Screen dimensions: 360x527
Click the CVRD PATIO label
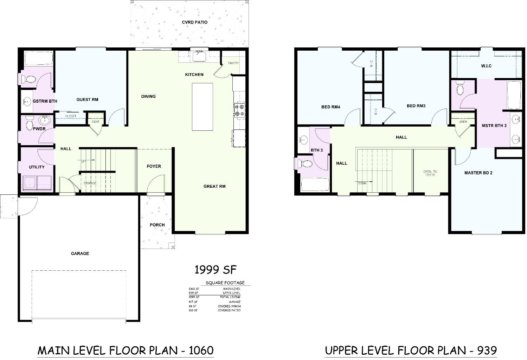pyautogui.click(x=194, y=22)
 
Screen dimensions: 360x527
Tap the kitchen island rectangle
pyautogui.click(x=202, y=107)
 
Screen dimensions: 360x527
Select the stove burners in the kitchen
pyautogui.click(x=240, y=110)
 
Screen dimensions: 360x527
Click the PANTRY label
pyautogui.click(x=233, y=63)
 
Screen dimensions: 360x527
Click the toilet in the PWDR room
pyautogui.click(x=29, y=124)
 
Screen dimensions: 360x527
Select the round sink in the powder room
pyautogui.click(x=45, y=121)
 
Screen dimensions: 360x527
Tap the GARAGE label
pyautogui.click(x=80, y=253)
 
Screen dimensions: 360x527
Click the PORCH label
pyautogui.click(x=157, y=225)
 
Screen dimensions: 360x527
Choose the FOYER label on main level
pyautogui.click(x=154, y=166)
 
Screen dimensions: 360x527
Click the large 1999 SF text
pyautogui.click(x=216, y=270)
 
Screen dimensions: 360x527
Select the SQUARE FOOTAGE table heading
pyautogui.click(x=225, y=283)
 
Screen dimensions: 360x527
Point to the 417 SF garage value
pyautogui.click(x=193, y=302)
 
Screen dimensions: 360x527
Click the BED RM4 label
pyautogui.click(x=330, y=107)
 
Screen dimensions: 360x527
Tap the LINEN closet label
pyautogui.click(x=463, y=122)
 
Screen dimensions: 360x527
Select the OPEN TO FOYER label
pyautogui.click(x=430, y=173)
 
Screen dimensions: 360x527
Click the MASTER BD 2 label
pyautogui.click(x=478, y=173)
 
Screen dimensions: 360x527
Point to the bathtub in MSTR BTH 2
pyautogui.click(x=514, y=95)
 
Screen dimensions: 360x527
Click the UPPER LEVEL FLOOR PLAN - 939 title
pyautogui.click(x=411, y=351)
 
